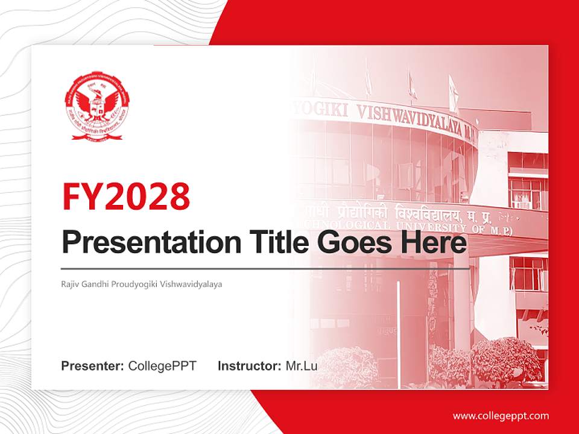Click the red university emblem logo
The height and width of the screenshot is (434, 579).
pyautogui.click(x=97, y=106)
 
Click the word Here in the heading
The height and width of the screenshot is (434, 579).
pyautogui.click(x=435, y=243)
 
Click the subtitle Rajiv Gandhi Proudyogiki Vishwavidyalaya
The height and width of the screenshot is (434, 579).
pyautogui.click(x=142, y=283)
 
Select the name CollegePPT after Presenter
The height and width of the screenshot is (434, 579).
pyautogui.click(x=162, y=366)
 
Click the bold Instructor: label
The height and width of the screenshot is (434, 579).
pyautogui.click(x=249, y=366)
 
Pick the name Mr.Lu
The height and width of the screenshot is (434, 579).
pyautogui.click(x=302, y=366)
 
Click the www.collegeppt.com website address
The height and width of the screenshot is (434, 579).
pyautogui.click(x=501, y=416)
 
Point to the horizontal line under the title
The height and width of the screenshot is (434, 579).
pyautogui.click(x=265, y=268)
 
